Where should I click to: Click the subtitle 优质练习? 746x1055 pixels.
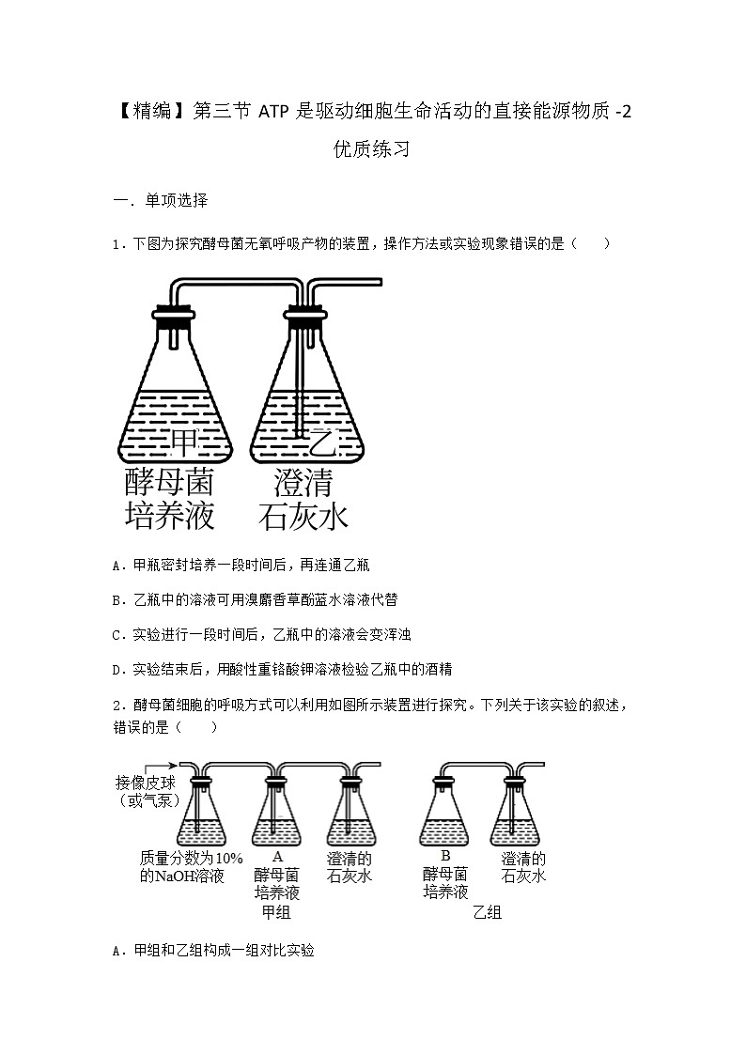(x=372, y=149)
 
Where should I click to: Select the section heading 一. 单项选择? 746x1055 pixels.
(x=160, y=201)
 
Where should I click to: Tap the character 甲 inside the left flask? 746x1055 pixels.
(x=184, y=441)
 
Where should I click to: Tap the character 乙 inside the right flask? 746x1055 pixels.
(x=322, y=441)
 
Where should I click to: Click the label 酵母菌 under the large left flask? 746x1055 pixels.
(x=170, y=482)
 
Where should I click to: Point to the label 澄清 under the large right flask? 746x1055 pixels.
(x=303, y=482)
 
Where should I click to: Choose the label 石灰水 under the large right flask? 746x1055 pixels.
(x=303, y=516)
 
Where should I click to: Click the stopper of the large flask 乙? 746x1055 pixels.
(x=304, y=319)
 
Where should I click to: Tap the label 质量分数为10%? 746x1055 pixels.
(x=191, y=859)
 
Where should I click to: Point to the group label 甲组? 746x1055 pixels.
(x=276, y=912)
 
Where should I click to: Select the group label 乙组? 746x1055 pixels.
(x=487, y=912)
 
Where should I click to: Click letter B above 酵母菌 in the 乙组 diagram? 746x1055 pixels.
(x=445, y=856)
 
